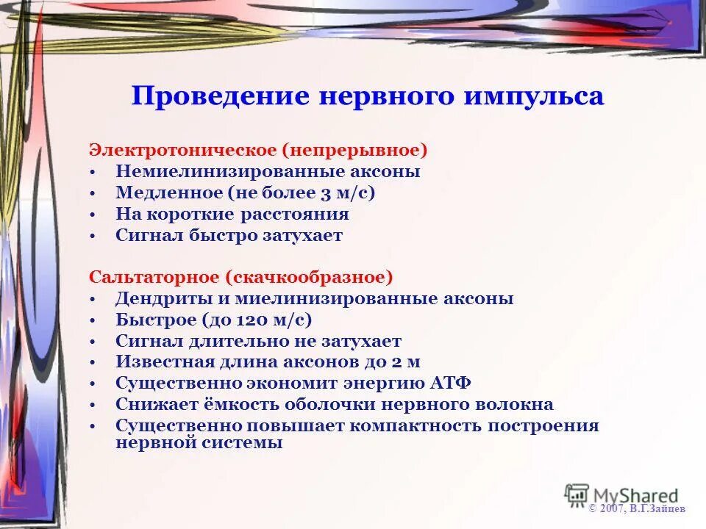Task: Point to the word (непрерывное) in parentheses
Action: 357,150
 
